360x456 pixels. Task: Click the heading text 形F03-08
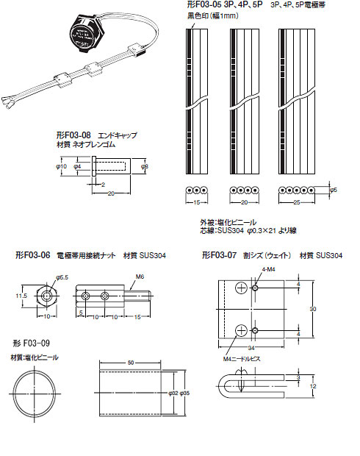[x=73, y=135]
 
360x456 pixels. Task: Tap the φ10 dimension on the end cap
[x=62, y=168]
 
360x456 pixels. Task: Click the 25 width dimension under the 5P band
[x=298, y=202]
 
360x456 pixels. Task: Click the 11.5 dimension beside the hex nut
[x=21, y=296]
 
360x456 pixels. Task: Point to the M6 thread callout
[x=140, y=277]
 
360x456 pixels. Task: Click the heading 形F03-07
[x=220, y=255]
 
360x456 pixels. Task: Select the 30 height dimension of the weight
[x=312, y=309]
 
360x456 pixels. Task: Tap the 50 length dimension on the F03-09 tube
[x=130, y=363]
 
